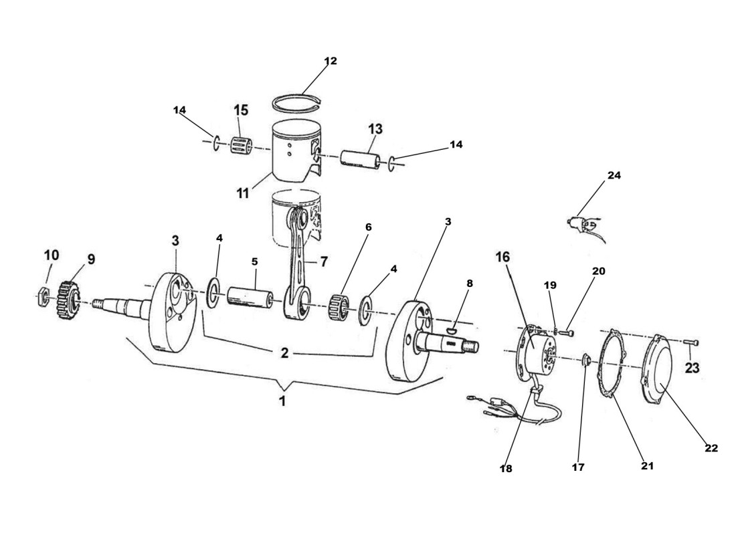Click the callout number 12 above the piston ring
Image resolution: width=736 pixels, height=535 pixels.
pyautogui.click(x=331, y=61)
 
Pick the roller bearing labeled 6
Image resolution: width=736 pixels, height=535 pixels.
pyautogui.click(x=342, y=305)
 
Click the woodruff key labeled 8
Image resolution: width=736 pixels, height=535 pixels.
pyautogui.click(x=452, y=327)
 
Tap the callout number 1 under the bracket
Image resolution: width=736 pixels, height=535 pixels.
pyautogui.click(x=282, y=401)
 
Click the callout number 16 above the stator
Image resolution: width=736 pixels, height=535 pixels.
pyautogui.click(x=502, y=257)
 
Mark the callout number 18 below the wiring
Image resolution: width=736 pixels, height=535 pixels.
pyautogui.click(x=506, y=469)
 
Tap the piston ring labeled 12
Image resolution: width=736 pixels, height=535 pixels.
pyautogui.click(x=299, y=102)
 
